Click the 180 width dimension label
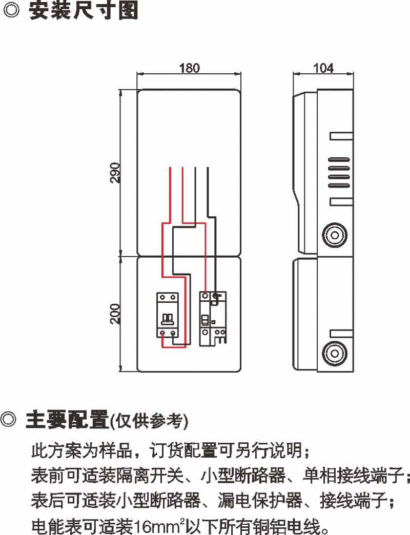pos(189,68)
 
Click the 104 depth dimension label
pos(323,68)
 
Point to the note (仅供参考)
pos(149,421)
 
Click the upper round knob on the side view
pos(334,235)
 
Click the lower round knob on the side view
pos(334,353)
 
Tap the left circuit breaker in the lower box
pos(168,315)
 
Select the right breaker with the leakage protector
pos(213,318)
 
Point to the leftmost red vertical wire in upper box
pos(170,195)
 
